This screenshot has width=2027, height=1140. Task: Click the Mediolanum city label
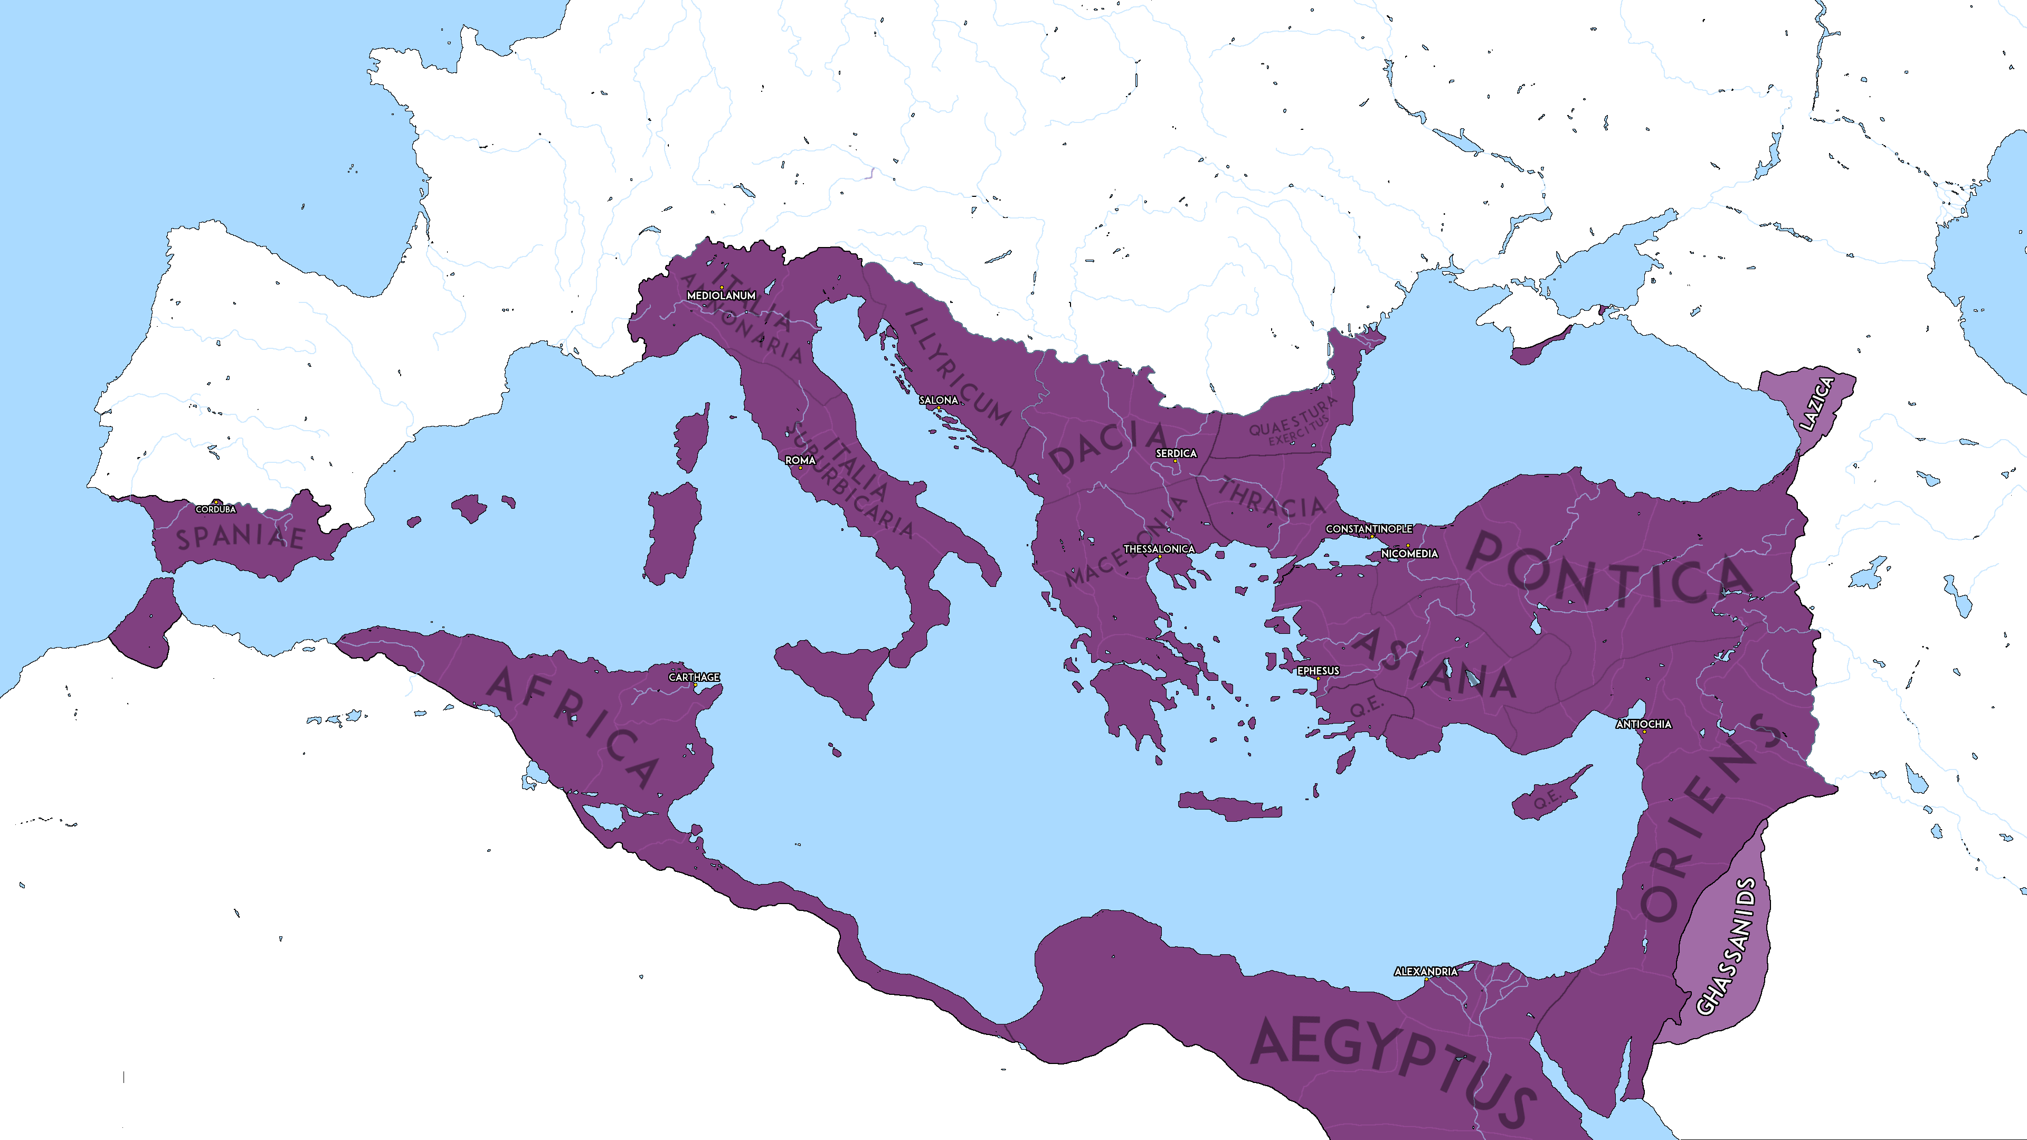click(x=721, y=296)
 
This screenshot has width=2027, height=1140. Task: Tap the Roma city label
click(x=800, y=460)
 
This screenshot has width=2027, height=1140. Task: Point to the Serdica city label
click(x=1176, y=453)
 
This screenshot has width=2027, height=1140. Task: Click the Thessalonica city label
click(x=1158, y=549)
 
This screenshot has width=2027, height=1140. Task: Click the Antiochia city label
click(x=1643, y=724)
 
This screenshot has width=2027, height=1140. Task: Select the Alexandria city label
click(x=1426, y=972)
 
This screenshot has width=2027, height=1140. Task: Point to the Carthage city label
click(x=694, y=677)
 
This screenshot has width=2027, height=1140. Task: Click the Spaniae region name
click(x=241, y=537)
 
